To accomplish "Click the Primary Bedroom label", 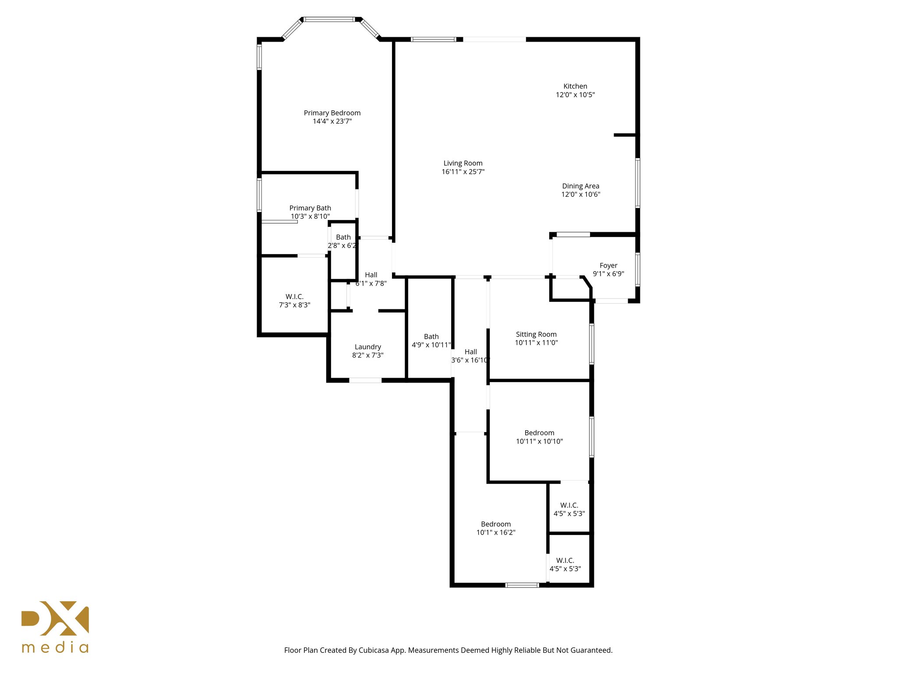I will (332, 113).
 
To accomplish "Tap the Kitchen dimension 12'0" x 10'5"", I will (575, 95).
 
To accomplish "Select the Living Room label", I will (463, 163).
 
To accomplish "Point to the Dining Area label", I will (580, 186).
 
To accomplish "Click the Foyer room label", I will (608, 266).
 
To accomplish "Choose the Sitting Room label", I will (536, 334).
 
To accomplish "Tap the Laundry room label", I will (367, 347).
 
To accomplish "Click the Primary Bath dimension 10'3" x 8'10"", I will (310, 216).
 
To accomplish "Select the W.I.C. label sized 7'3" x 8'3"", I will (294, 297).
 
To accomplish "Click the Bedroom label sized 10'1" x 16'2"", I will (496, 524).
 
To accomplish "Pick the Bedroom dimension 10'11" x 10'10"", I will (539, 441).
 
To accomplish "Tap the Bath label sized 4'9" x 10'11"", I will (431, 336).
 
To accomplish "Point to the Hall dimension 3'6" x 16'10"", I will (470, 360).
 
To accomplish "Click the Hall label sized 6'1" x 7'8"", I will (371, 275).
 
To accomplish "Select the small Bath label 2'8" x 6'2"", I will (343, 237).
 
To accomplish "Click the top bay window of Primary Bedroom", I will (329, 19).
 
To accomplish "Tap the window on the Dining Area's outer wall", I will (638, 183).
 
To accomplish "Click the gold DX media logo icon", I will (55, 618).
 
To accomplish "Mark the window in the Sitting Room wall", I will (591, 344).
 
